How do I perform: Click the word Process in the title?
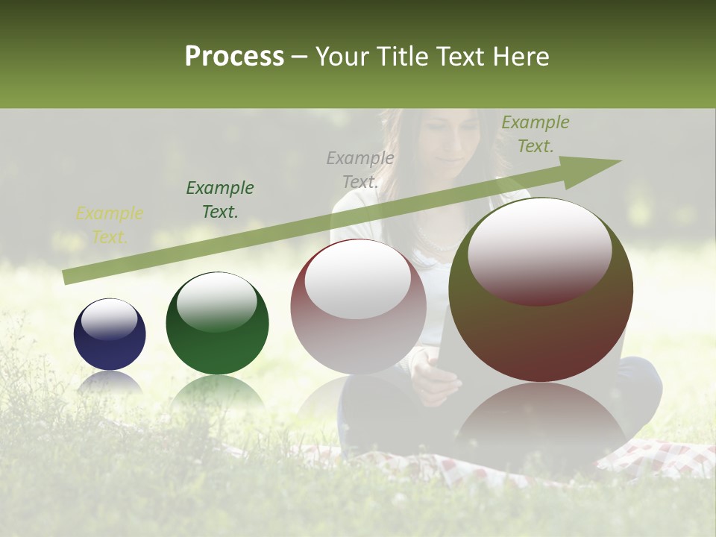coord(234,57)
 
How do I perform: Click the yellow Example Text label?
coord(110,225)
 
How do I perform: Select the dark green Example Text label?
coord(220,200)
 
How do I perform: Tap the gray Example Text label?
coord(360,169)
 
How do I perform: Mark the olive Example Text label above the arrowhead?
coord(535,134)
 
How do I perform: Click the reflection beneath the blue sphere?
coord(110,383)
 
